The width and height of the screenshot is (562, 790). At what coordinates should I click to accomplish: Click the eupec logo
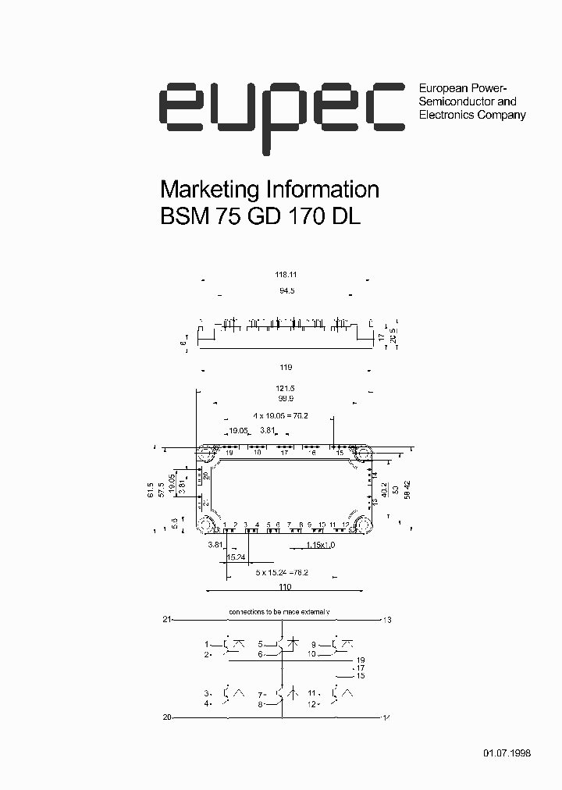pyautogui.click(x=282, y=110)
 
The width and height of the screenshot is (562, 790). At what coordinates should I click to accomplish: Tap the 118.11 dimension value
pyautogui.click(x=286, y=275)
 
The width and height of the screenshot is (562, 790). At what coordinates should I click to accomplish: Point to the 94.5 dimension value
pyautogui.click(x=286, y=290)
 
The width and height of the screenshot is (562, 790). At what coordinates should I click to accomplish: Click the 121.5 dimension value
pyautogui.click(x=286, y=389)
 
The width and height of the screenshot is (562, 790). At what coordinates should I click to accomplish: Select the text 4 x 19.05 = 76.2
pyautogui.click(x=280, y=416)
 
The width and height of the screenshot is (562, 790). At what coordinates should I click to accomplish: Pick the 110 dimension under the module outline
pyautogui.click(x=285, y=587)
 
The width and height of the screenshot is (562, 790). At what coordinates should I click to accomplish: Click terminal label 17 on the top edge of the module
pyautogui.click(x=284, y=453)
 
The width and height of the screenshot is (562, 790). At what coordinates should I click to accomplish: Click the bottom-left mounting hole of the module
pyautogui.click(x=206, y=525)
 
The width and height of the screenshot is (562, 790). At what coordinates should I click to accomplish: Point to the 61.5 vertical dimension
pyautogui.click(x=151, y=489)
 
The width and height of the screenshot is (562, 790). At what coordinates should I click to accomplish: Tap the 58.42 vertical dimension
pyautogui.click(x=407, y=489)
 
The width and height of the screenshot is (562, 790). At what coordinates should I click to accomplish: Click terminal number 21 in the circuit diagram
pyautogui.click(x=166, y=619)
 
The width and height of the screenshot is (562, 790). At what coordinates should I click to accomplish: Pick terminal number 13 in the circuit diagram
pyautogui.click(x=386, y=620)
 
